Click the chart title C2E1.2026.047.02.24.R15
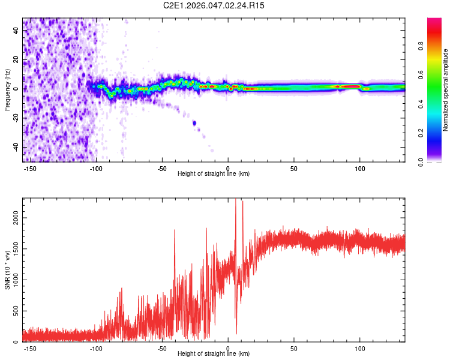[214, 5]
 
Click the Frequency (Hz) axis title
[7, 89]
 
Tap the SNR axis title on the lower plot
[7, 269]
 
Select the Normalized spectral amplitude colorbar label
[446, 90]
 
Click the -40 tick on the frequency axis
[16, 147]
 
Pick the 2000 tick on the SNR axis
[16, 221]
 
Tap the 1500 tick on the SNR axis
[16, 251]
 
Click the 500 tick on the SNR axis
[16, 311]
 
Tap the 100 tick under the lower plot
[360, 348]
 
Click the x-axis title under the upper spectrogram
[214, 174]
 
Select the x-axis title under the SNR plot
[214, 354]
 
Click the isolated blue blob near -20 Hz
[194, 123]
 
